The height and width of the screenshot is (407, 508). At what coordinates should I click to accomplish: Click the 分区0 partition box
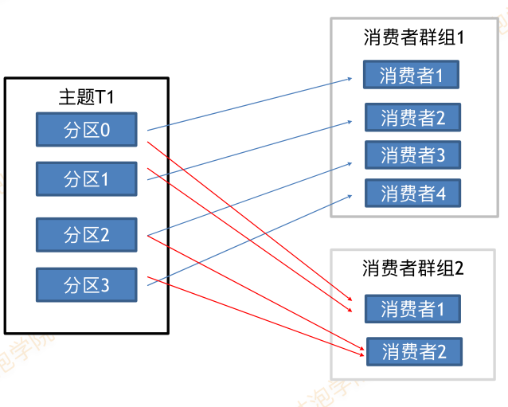click(87, 129)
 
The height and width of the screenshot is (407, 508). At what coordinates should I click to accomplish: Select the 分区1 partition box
click(87, 179)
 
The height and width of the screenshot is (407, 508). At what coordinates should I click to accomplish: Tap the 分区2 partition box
click(87, 235)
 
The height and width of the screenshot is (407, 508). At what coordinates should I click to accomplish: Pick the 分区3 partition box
click(87, 284)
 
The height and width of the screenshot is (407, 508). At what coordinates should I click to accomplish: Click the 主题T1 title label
click(86, 97)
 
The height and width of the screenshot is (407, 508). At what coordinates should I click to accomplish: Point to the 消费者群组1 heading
click(412, 37)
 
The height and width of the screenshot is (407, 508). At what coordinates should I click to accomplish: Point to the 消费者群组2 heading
click(412, 268)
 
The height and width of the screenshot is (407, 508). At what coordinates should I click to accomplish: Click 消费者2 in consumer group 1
click(412, 118)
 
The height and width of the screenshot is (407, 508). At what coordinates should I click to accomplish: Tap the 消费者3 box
click(412, 155)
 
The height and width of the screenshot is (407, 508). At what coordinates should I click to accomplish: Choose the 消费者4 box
click(412, 193)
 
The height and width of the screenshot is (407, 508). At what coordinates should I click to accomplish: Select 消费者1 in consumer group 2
click(412, 309)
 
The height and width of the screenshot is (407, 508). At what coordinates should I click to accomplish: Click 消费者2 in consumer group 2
click(412, 350)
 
